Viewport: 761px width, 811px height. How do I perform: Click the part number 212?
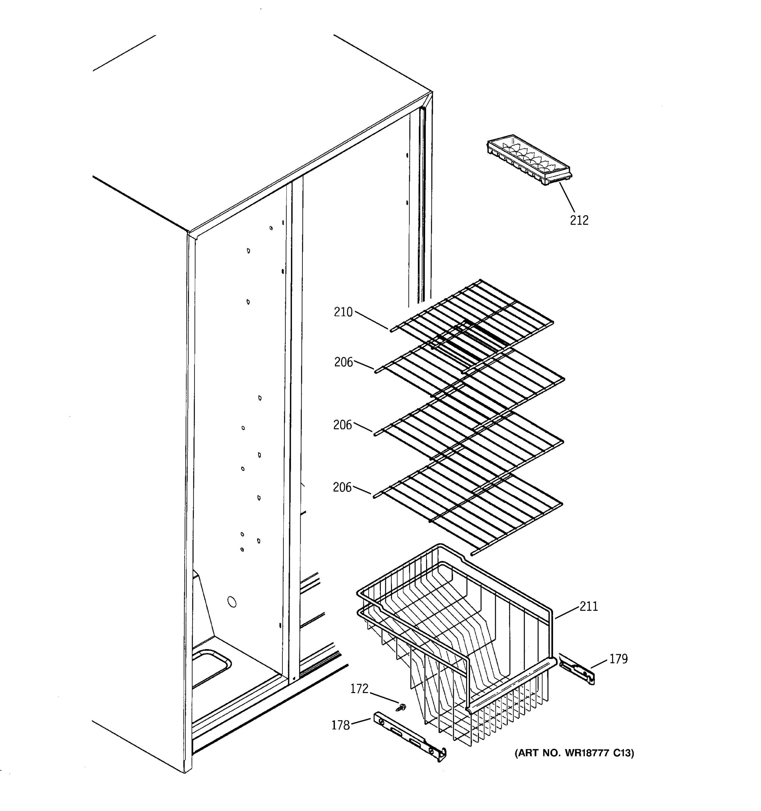579,220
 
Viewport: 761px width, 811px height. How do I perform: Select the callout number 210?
343,312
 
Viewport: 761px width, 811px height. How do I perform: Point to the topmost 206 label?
343,362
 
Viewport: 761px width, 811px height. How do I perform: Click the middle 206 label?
342,425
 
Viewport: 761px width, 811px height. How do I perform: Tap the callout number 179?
619,659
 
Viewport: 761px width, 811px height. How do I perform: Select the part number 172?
359,689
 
